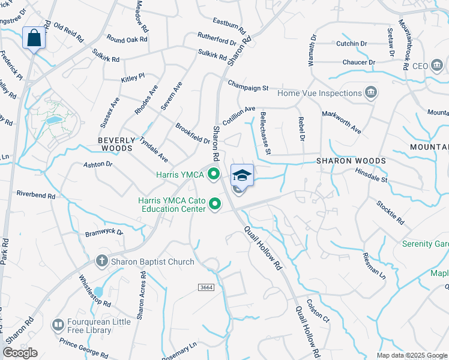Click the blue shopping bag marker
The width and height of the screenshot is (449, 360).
pos(34,38)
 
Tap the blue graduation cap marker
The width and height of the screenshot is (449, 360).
pos(242,175)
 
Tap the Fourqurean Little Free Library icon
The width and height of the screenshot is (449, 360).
pos(58,326)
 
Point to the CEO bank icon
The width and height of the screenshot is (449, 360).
pos(437,65)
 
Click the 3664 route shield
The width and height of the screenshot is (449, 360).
pos(206,288)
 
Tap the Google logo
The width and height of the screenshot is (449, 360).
pos(20,353)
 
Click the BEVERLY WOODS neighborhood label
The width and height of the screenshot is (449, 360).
pos(115,143)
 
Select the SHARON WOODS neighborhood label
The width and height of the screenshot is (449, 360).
pos(342,161)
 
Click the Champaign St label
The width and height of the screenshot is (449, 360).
pos(248,88)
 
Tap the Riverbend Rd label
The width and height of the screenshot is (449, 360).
pos(35,195)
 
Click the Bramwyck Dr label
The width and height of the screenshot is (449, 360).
pos(104,232)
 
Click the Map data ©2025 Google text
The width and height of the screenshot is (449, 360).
pos(412,355)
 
